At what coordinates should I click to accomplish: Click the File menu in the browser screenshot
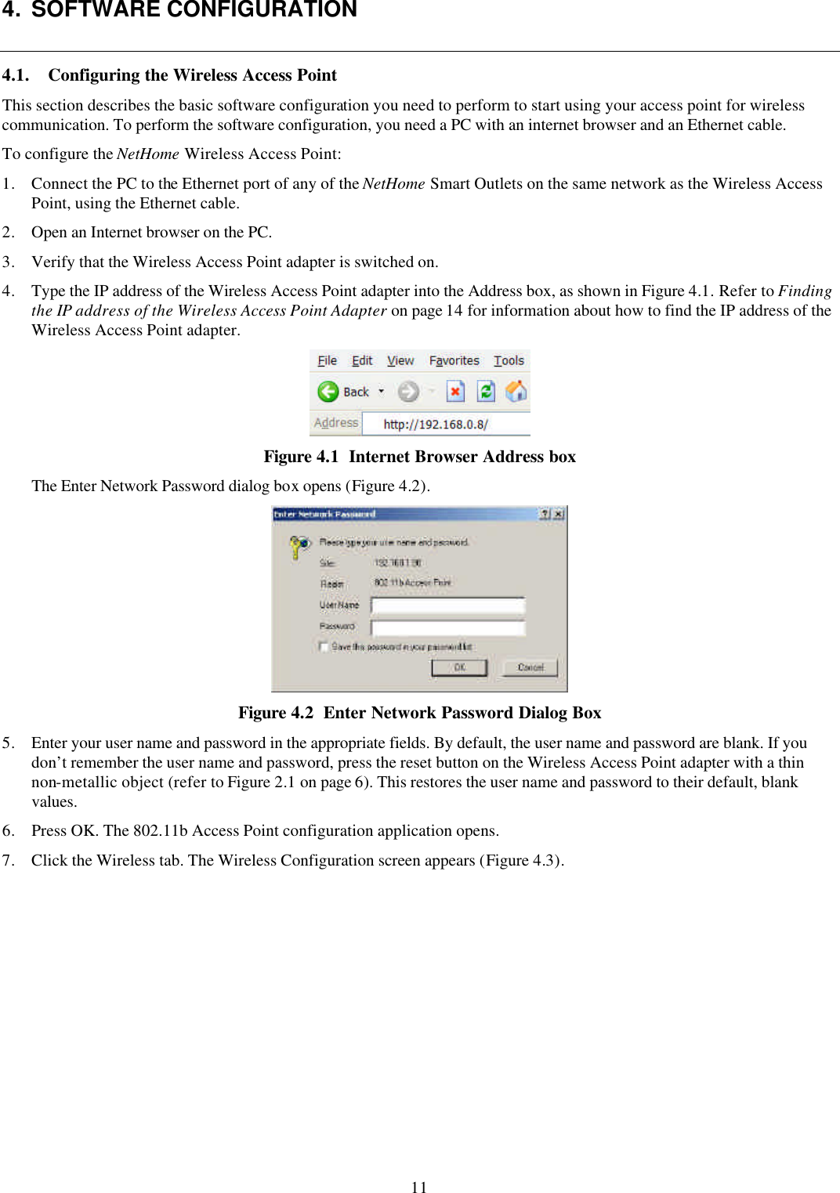click(327, 360)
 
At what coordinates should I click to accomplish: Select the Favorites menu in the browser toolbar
click(454, 360)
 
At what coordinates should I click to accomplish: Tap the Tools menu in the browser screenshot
click(509, 360)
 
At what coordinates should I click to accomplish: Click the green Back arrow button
click(328, 391)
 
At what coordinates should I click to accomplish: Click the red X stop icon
click(455, 391)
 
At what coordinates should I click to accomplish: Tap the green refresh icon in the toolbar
click(486, 391)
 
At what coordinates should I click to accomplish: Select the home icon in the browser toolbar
click(516, 391)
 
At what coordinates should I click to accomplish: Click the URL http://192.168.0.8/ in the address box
click(436, 425)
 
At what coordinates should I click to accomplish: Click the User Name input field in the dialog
click(447, 606)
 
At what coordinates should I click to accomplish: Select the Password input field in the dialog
click(447, 627)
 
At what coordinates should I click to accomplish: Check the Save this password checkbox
click(323, 647)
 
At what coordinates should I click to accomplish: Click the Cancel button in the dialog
click(530, 667)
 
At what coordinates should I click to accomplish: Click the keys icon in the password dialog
click(299, 545)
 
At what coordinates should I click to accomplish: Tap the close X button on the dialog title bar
click(558, 515)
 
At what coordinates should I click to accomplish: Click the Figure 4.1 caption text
click(419, 457)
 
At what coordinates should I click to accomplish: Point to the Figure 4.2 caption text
click(419, 713)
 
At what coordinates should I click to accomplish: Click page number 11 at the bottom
click(419, 1187)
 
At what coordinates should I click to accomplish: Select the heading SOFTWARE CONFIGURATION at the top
click(194, 10)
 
